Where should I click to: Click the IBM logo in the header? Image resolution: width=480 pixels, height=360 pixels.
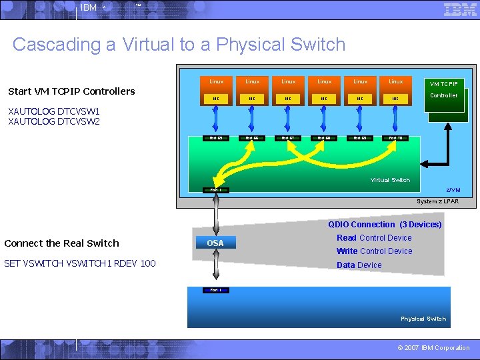460,9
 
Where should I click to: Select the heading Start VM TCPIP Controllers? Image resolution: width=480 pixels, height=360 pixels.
71,91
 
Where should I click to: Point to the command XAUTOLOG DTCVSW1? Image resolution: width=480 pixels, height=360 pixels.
53,111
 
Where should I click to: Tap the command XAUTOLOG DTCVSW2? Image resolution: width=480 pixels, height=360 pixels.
53,122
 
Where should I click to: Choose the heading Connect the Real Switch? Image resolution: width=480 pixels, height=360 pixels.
61,243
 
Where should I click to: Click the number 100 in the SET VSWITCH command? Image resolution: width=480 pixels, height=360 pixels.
147,263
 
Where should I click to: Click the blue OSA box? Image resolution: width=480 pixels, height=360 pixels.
215,243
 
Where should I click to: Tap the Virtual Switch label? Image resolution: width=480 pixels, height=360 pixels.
390,180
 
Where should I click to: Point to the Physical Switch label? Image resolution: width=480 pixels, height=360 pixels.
423,319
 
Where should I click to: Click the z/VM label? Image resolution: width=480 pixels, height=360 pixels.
453,191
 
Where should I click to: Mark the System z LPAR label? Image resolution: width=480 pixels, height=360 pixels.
437,201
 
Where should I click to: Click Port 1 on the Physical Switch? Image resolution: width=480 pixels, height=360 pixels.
215,290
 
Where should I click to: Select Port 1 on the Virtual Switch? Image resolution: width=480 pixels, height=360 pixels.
215,191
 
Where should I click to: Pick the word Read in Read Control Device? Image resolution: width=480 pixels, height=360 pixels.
347,238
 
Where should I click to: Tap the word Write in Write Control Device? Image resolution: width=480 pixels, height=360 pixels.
347,251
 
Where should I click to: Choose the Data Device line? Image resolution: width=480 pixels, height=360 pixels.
359,265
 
